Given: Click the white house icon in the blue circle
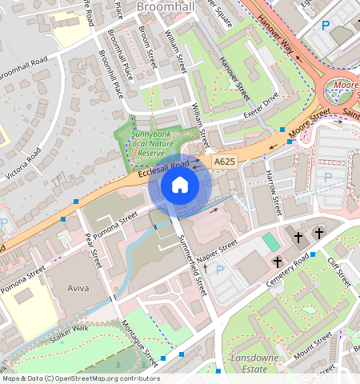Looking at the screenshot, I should click(x=180, y=186).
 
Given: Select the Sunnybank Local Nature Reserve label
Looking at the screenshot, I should click(x=151, y=141).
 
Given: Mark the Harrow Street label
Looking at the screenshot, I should click(x=274, y=192).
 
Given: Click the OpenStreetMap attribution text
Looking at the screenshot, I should click(x=81, y=378).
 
